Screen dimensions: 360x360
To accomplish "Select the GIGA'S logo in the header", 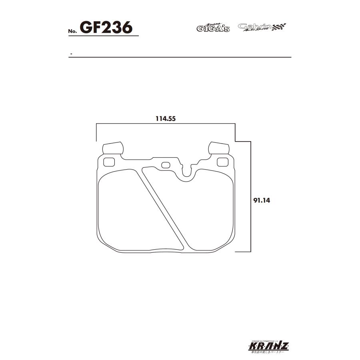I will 212,28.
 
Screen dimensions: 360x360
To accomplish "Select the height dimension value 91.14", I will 262,200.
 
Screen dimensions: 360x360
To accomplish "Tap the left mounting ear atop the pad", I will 112,148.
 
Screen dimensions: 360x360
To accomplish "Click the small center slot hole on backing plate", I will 166,165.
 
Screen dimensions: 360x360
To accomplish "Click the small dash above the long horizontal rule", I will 71,53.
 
